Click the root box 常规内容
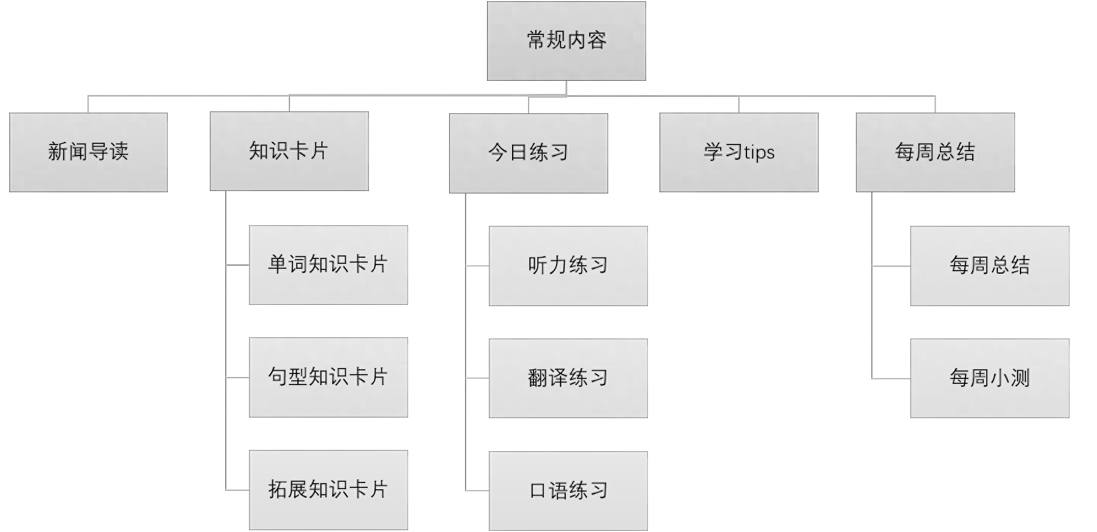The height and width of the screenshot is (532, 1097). click(x=566, y=40)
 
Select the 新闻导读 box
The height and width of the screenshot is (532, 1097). click(x=88, y=152)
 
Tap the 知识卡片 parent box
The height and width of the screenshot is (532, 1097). click(x=289, y=151)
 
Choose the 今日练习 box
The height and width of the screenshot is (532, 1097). click(x=528, y=153)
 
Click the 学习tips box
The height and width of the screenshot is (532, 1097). click(x=738, y=152)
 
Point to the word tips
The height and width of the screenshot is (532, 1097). click(x=759, y=152)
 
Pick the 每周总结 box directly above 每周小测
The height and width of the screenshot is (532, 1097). click(x=989, y=266)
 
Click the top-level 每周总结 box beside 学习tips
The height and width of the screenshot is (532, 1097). click(x=935, y=152)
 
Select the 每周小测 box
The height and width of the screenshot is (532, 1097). click(x=989, y=378)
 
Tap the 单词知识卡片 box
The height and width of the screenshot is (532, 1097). click(x=328, y=264)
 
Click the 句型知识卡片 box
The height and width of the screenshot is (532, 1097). click(x=328, y=377)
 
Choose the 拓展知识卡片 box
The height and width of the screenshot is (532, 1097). click(x=328, y=490)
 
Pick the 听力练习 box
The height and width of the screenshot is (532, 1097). click(x=568, y=266)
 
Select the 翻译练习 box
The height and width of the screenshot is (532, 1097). click(x=568, y=378)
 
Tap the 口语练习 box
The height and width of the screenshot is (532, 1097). click(x=568, y=491)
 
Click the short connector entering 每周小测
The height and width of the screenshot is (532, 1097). click(x=891, y=379)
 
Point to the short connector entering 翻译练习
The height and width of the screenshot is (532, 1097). click(x=477, y=378)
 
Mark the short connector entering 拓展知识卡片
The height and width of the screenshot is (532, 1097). click(x=237, y=490)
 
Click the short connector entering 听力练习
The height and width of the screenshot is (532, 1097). click(x=477, y=266)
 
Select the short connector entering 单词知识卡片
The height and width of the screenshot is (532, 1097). click(x=237, y=265)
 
